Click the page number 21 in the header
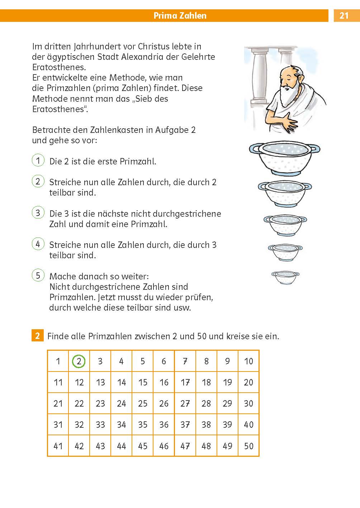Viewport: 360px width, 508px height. coord(344,15)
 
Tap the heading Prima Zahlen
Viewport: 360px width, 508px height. coord(180,15)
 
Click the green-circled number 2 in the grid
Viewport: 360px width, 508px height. coord(79,361)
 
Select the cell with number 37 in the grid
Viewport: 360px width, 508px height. coord(185,425)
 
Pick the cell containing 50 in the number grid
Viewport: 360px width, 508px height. coord(248,446)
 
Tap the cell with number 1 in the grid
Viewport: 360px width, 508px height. coord(58,361)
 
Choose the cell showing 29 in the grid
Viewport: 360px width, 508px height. coord(227,403)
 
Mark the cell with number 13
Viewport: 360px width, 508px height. coord(100,382)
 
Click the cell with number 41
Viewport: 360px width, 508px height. coord(58,446)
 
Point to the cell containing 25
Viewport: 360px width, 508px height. coord(143,403)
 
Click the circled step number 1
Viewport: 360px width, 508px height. coord(38,160)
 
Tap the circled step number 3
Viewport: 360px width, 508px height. coord(38,213)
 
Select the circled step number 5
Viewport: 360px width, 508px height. coord(38,275)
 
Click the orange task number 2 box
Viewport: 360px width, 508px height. coord(37,336)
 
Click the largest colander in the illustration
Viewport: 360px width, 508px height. coord(284,157)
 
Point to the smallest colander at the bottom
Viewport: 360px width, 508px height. coord(285,277)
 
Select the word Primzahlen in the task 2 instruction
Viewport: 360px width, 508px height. coord(110,336)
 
